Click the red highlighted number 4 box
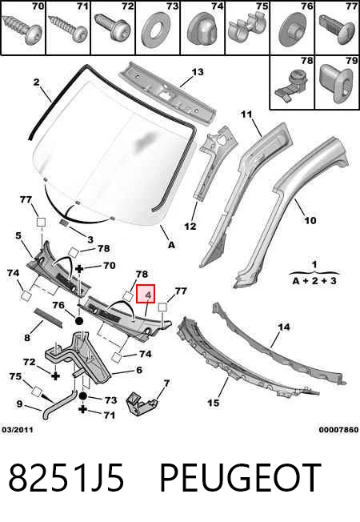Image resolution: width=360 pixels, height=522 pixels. click(x=146, y=294)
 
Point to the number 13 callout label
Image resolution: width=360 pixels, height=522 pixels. click(x=197, y=72)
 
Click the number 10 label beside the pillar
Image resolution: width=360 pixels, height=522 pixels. click(x=310, y=220)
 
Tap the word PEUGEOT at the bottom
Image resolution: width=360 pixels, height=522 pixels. click(x=240, y=477)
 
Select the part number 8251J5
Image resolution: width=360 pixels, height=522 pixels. click(x=66, y=477)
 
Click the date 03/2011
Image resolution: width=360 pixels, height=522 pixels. click(x=18, y=430)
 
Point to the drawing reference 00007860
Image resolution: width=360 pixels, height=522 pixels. click(x=338, y=430)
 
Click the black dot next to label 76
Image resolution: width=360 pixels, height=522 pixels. click(x=79, y=321)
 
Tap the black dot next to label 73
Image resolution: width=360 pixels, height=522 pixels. click(x=83, y=396)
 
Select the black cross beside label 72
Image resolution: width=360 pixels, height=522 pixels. click(x=55, y=376)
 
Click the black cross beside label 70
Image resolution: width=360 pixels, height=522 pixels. click(x=79, y=269)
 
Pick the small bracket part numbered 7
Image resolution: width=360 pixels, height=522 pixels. click(x=141, y=404)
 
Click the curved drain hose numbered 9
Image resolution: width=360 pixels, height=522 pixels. click(x=59, y=404)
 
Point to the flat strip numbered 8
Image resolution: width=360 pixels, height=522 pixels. click(x=49, y=318)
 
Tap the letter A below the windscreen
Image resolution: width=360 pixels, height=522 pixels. click(x=171, y=245)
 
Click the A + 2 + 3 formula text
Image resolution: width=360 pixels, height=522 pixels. click(x=314, y=281)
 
